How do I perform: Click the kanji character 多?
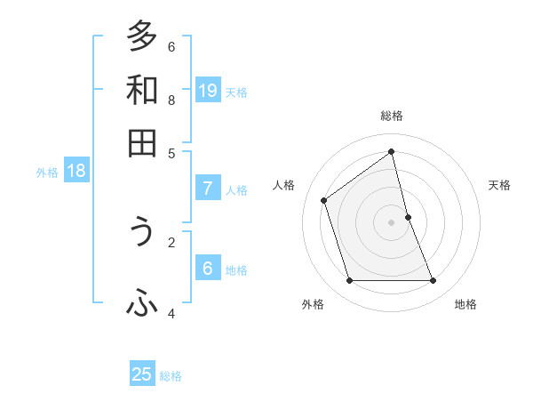pyautogui.click(x=142, y=36)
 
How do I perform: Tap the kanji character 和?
pyautogui.click(x=142, y=91)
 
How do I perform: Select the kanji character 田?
pyautogui.click(x=142, y=143)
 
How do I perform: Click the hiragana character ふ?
pyautogui.click(x=142, y=304)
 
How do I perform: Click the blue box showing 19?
pyautogui.click(x=208, y=91)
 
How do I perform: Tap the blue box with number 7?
pyautogui.click(x=208, y=189)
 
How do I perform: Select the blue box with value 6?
pyautogui.click(x=208, y=269)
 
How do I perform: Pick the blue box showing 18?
pyautogui.click(x=76, y=172)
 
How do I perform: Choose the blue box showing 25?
pyautogui.click(x=142, y=374)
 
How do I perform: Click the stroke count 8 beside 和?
pyautogui.click(x=171, y=100)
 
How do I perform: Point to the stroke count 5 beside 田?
pyautogui.click(x=171, y=153)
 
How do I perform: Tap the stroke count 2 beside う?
pyautogui.click(x=171, y=241)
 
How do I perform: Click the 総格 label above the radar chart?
pyautogui.click(x=392, y=116)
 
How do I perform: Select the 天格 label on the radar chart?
pyautogui.click(x=499, y=185)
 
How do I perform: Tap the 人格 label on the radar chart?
pyautogui.click(x=284, y=185)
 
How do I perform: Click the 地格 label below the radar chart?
pyautogui.click(x=465, y=304)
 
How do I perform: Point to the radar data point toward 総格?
pyautogui.click(x=392, y=152)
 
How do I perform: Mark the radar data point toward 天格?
pyautogui.click(x=408, y=217)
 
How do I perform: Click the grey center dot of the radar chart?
pyautogui.click(x=392, y=222)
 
